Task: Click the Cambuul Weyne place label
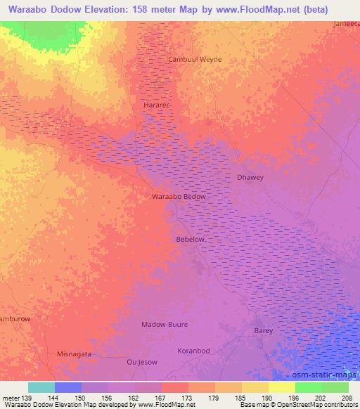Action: (194, 60)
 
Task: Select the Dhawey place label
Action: (250, 178)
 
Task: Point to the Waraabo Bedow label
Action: (179, 197)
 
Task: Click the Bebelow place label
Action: (191, 240)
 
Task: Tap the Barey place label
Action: (263, 330)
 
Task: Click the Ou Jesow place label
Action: (141, 363)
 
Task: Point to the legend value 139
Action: (22, 398)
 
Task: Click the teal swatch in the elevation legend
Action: (41, 387)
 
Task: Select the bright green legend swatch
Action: (308, 387)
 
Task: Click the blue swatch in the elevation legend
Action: (68, 387)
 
